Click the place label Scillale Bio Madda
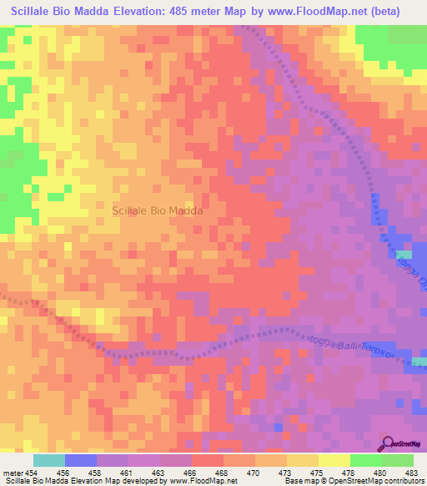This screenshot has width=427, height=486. tap(158, 211)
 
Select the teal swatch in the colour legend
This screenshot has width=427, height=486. tap(49, 460)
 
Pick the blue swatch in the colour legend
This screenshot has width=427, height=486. tap(81, 460)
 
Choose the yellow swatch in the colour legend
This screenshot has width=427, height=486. tap(334, 460)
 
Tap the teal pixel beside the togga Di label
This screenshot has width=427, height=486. tap(404, 254)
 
